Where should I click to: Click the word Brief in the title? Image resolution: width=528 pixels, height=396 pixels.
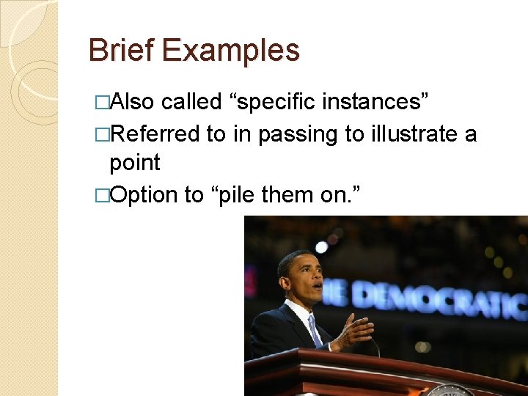(x=122, y=51)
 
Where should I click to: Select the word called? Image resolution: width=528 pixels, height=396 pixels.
(x=191, y=102)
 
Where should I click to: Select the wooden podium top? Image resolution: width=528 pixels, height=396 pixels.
(x=381, y=367)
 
